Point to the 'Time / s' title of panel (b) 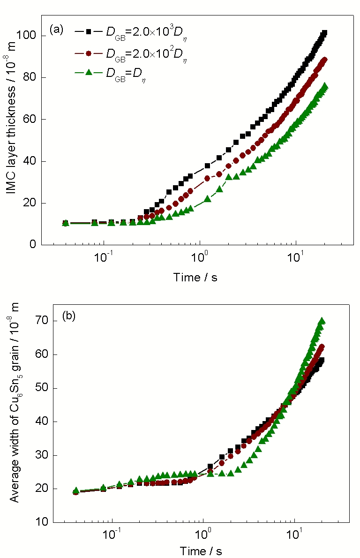click(203, 550)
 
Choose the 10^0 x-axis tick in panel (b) click(203, 535)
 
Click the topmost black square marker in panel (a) click(324, 33)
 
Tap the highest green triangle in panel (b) click(322, 321)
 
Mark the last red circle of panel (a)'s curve click(324, 60)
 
